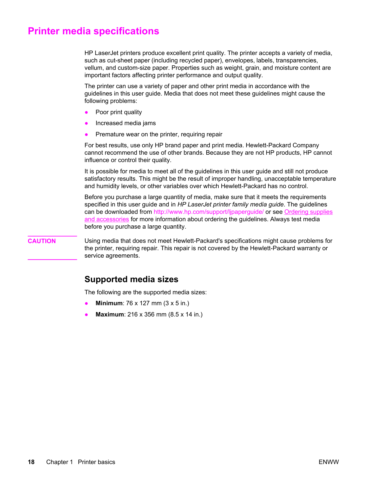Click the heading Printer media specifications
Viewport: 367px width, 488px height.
click(x=93, y=31)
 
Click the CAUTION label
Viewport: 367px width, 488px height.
click(x=42, y=241)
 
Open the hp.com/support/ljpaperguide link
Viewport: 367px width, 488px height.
click(x=209, y=212)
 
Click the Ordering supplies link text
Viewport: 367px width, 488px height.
click(x=308, y=212)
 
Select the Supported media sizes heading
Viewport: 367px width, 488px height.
click(x=131, y=279)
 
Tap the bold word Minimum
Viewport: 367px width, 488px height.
click(x=109, y=303)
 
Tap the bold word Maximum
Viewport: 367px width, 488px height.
click(x=110, y=314)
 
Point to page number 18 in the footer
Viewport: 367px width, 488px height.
click(x=31, y=462)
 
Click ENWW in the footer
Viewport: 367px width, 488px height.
click(x=329, y=462)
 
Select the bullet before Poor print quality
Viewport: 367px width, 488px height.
click(x=86, y=112)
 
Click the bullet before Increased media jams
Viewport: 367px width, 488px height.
click(x=86, y=123)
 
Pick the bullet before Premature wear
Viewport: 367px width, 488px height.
click(x=86, y=135)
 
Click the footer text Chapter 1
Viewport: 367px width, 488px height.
click(x=59, y=462)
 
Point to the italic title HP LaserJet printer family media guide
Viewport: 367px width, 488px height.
click(x=230, y=204)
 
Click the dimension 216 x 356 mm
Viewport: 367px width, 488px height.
click(x=147, y=314)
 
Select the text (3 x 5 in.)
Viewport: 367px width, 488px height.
click(x=176, y=303)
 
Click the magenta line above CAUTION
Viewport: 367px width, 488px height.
click(x=52, y=236)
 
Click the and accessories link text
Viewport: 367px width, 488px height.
click(x=107, y=219)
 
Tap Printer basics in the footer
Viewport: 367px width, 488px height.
click(x=96, y=462)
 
